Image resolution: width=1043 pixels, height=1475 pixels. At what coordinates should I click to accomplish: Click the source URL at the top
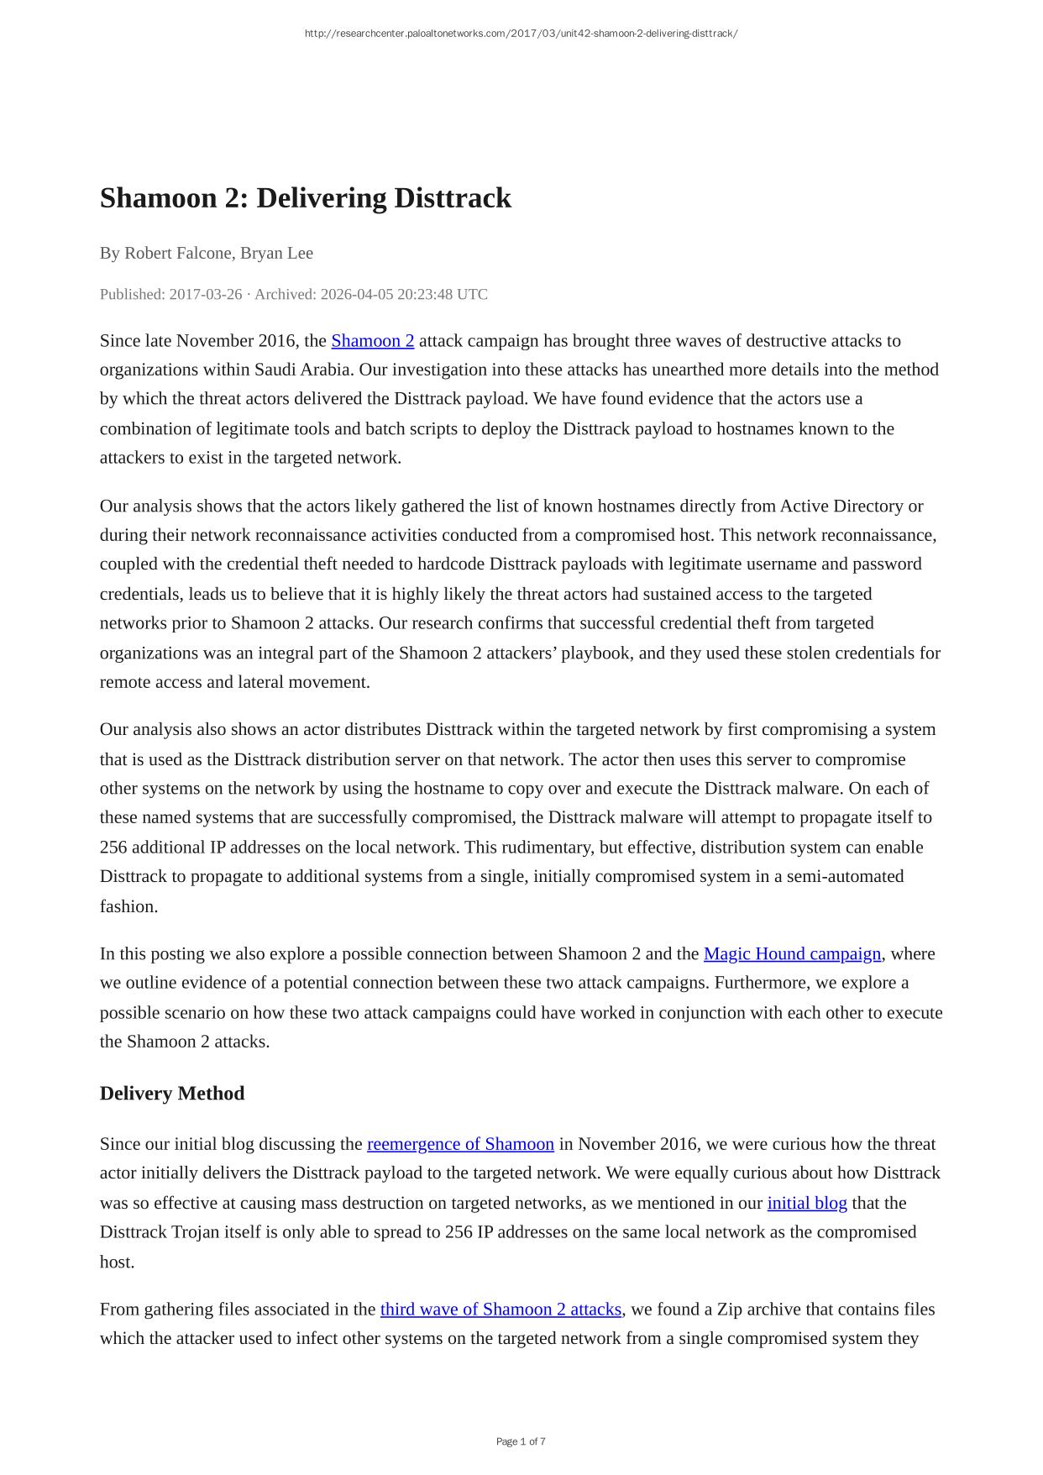pos(521,34)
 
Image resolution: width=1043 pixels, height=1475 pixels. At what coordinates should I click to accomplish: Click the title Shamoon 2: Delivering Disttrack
pos(305,198)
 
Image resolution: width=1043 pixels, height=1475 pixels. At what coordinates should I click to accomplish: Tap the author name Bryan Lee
pos(276,253)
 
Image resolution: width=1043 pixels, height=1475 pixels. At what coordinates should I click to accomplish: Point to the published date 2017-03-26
pos(205,294)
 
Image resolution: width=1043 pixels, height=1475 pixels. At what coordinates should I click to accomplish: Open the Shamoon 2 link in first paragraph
pos(372,341)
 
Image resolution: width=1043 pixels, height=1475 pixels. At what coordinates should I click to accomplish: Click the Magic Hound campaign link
pos(792,953)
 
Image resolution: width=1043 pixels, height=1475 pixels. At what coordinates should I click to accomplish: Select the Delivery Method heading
pos(172,1093)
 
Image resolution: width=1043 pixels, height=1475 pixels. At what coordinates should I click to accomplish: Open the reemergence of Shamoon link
pos(460,1144)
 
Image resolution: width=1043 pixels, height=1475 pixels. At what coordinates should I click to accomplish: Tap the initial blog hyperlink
pos(807,1203)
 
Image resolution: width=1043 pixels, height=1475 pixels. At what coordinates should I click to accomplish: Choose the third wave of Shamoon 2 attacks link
pos(501,1309)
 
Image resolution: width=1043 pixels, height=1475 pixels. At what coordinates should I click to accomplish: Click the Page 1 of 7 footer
pos(521,1441)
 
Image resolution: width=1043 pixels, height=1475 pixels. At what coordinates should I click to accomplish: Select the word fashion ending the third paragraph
pos(128,906)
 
